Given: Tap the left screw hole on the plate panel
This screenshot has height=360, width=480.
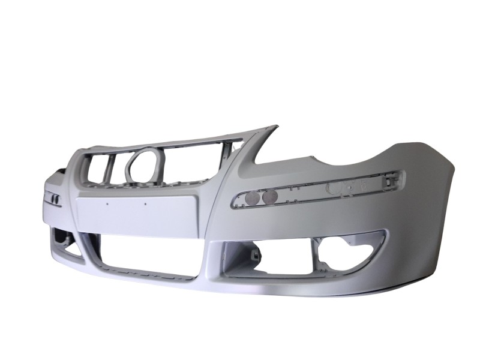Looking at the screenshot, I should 107,203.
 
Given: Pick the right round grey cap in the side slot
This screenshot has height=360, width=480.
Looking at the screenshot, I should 270,195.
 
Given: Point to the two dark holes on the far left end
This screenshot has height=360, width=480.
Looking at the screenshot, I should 53,197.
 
